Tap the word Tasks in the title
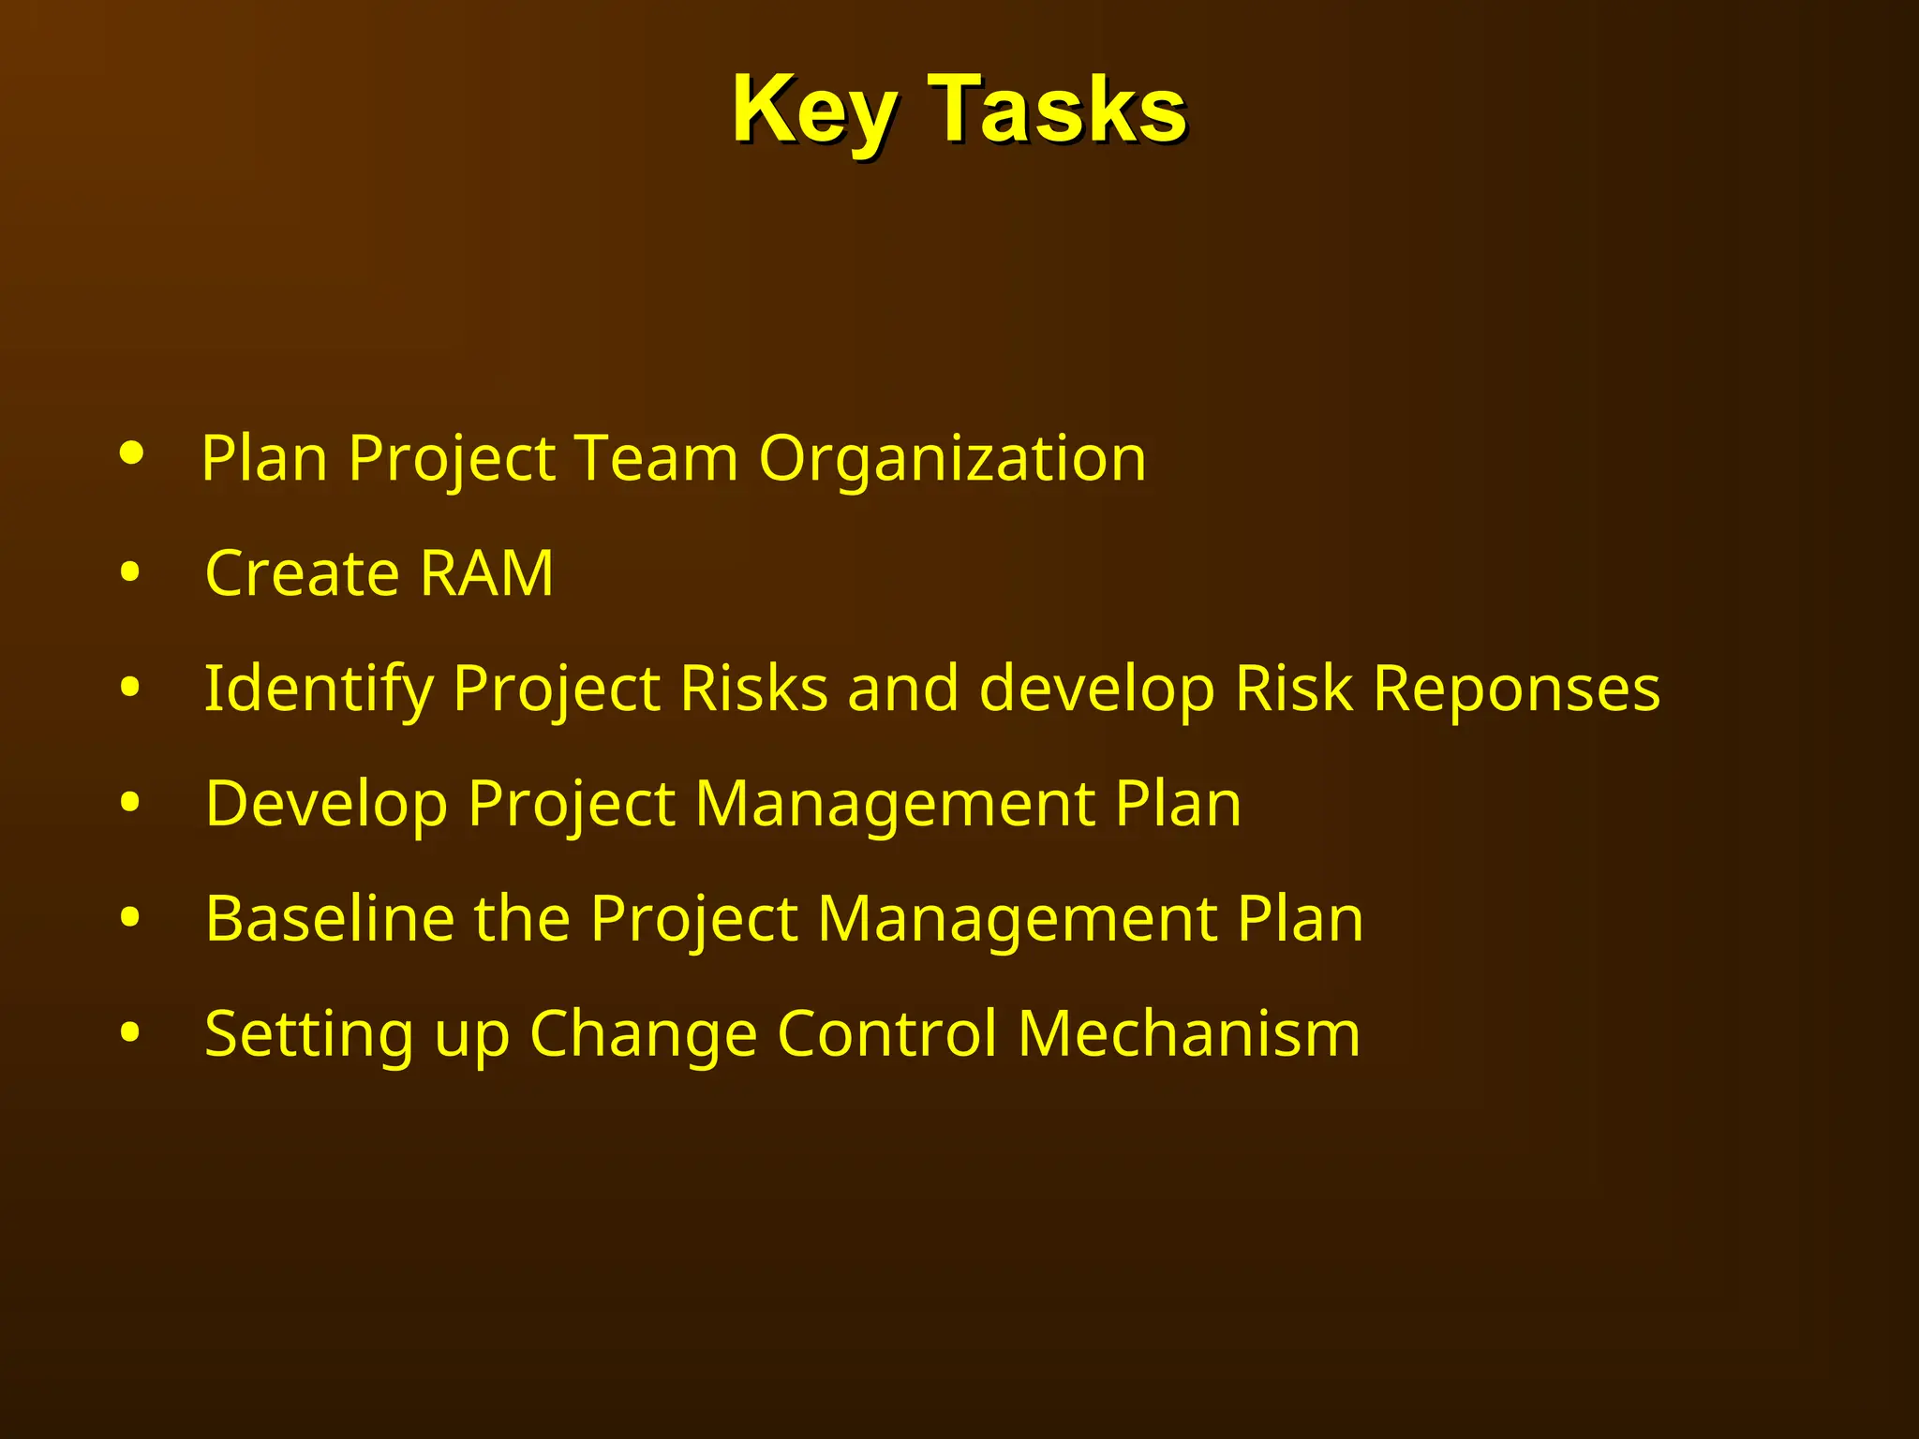point(1058,111)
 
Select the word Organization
point(952,458)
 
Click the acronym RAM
point(486,572)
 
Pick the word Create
point(301,572)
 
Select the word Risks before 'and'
point(753,688)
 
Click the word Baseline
point(329,918)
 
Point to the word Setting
point(308,1034)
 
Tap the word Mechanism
point(1188,1033)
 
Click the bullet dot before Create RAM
point(130,572)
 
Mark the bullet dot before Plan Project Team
point(132,454)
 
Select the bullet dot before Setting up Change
point(130,1032)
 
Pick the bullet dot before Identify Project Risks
point(130,688)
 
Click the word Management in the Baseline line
point(1017,918)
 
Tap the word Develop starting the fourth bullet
point(326,804)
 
